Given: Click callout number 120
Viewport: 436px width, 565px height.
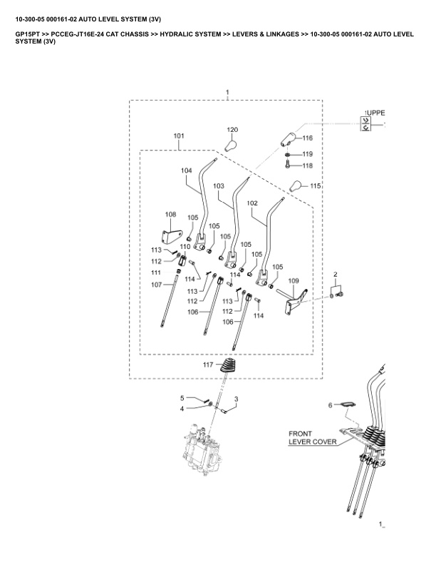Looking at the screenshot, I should [x=232, y=130].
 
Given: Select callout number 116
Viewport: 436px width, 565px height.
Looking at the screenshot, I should [x=308, y=138].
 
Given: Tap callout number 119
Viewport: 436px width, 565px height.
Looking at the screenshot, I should [x=308, y=154].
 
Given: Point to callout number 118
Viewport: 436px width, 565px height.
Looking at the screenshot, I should [x=308, y=166].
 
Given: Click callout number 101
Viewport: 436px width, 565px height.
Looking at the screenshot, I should [x=178, y=136].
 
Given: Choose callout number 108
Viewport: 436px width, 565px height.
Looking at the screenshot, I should [x=170, y=214].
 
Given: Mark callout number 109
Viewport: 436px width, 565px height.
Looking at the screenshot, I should [x=294, y=281].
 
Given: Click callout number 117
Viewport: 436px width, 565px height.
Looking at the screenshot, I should [x=208, y=365].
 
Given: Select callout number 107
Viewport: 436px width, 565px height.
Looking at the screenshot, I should [x=156, y=285].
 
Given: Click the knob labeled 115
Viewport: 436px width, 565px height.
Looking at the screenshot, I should [x=296, y=187].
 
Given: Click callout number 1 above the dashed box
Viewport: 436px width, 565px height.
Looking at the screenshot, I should [x=227, y=93].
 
